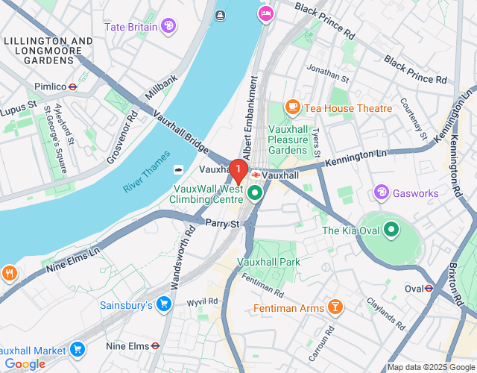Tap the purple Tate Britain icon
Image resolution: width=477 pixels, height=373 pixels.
coord(169,26)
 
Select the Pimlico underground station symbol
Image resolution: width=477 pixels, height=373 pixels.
coord(72,87)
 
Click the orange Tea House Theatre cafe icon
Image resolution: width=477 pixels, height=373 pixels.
coord(293,108)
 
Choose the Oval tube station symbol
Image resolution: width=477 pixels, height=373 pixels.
coord(429,289)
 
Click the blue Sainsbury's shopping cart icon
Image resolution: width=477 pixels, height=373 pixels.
coord(165,304)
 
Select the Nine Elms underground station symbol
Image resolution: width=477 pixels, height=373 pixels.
coord(155,346)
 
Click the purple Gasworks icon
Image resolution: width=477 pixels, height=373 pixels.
coord(382,193)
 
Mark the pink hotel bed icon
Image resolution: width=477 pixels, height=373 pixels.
coord(265,13)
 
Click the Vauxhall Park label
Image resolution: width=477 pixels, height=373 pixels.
coord(268,262)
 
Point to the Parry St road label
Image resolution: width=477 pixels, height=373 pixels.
coord(222,223)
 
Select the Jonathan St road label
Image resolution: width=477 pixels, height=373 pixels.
coord(328,75)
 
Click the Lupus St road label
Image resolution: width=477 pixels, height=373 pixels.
coord(22,107)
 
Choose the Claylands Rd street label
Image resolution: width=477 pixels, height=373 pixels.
coord(385,314)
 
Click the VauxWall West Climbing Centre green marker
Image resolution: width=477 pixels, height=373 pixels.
coord(256,194)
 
